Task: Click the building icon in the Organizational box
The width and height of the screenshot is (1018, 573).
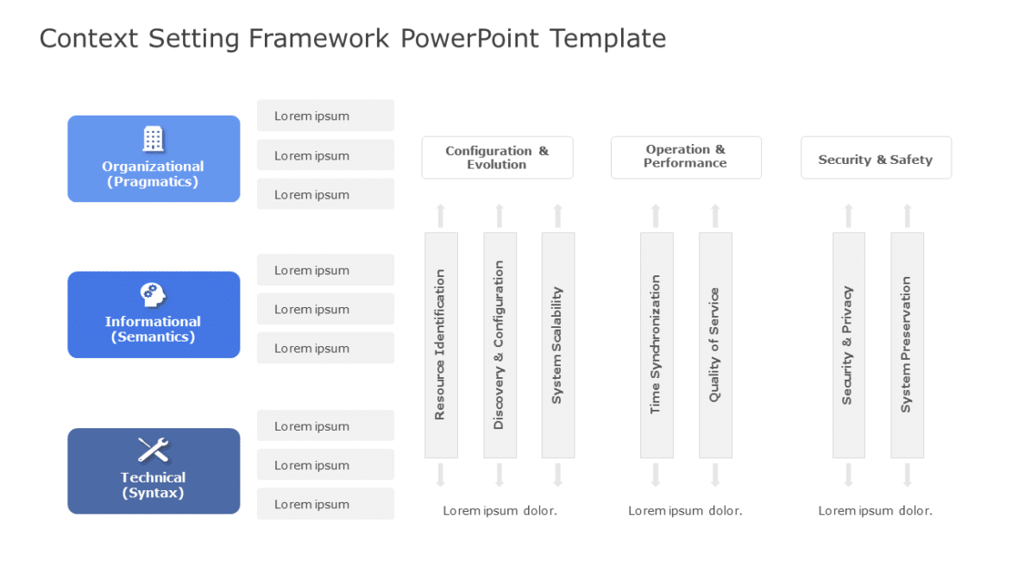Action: (x=153, y=139)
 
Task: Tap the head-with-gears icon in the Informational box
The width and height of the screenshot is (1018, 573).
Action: (x=153, y=295)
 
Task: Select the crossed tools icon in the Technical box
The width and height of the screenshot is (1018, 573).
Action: (x=153, y=450)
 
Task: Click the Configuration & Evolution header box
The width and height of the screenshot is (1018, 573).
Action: (x=497, y=158)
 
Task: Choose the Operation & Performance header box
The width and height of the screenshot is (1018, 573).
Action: (x=686, y=157)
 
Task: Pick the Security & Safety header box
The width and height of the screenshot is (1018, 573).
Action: (x=876, y=158)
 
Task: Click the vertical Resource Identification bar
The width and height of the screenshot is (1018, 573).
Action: (x=441, y=344)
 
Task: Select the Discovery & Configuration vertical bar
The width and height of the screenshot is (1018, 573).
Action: (x=500, y=344)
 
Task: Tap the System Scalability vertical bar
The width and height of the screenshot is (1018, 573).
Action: (x=557, y=344)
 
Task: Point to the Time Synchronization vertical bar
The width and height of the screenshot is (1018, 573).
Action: (x=656, y=344)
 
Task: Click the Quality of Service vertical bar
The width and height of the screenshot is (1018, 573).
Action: (x=715, y=344)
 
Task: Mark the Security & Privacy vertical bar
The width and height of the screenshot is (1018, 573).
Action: (x=848, y=344)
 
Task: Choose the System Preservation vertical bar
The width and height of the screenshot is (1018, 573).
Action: (x=907, y=344)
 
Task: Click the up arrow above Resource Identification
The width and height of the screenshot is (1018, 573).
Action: (x=441, y=215)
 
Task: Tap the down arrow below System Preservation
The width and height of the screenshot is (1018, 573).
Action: (x=907, y=475)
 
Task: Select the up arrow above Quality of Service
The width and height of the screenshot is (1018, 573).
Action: (x=715, y=215)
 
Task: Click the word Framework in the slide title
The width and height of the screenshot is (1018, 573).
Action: (x=319, y=39)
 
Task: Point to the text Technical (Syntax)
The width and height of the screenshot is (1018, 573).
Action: (x=153, y=485)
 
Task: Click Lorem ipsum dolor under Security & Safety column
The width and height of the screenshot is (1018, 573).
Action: (x=875, y=511)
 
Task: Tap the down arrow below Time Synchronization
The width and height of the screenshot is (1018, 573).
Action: (x=656, y=475)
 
